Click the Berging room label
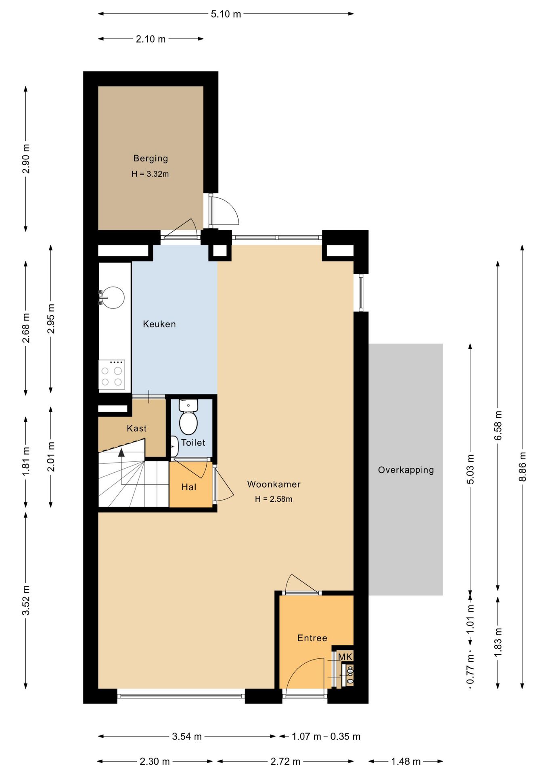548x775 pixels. point(151,159)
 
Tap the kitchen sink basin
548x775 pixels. point(113,297)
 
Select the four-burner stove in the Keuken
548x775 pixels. point(112,375)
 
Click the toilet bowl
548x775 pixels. point(188,422)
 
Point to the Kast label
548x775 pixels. point(137,428)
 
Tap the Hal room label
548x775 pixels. point(189,487)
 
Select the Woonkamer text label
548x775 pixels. point(274,484)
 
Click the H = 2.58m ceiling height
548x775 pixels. point(274,499)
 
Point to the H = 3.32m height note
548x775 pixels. point(150,174)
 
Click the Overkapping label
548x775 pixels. point(406,470)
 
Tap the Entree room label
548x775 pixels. point(312,638)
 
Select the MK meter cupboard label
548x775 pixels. point(345,657)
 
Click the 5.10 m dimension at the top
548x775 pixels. point(226,14)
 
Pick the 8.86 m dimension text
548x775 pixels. point(523,467)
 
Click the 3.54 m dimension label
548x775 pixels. point(187,737)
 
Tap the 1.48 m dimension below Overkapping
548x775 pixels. point(406,762)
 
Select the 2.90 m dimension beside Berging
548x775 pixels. point(26,159)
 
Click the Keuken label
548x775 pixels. point(159,324)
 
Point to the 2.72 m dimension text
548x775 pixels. point(286,762)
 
